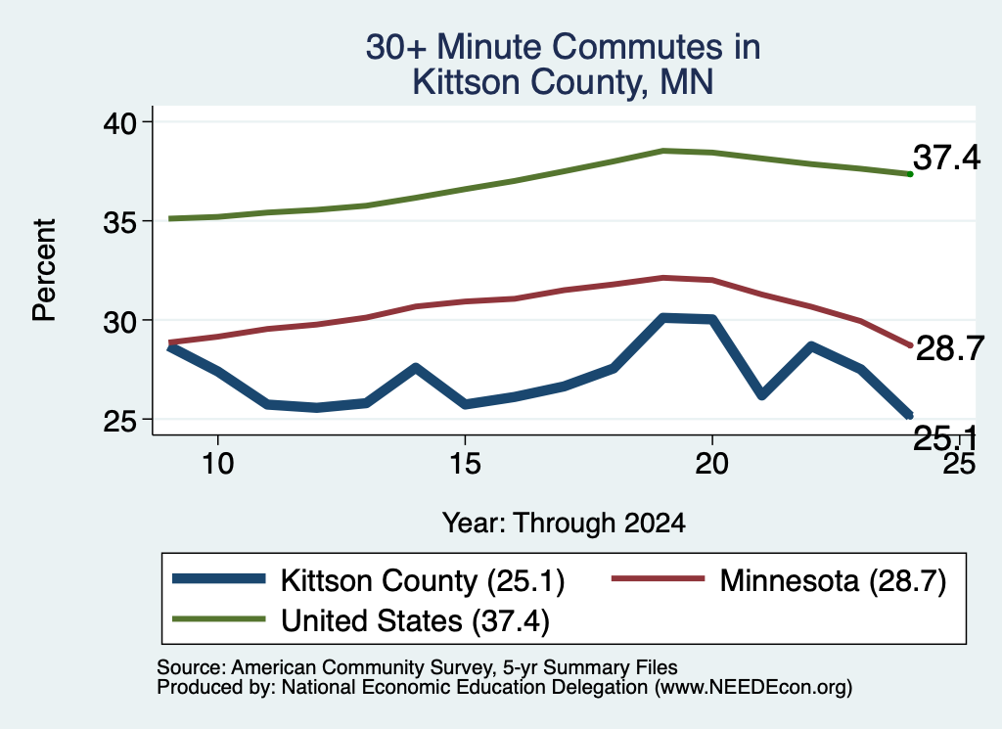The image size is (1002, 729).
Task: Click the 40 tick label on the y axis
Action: click(119, 122)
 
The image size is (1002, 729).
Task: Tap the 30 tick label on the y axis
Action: click(119, 321)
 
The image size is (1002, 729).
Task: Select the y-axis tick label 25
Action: click(119, 421)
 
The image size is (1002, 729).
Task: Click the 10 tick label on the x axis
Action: click(218, 463)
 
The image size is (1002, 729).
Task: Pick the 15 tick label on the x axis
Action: click(465, 463)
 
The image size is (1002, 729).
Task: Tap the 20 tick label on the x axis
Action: click(712, 463)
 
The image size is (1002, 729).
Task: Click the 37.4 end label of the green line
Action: click(946, 158)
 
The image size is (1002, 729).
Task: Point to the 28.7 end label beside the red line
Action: click(950, 349)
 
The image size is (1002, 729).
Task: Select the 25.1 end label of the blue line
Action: click(945, 438)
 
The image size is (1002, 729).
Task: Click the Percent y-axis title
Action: click(44, 270)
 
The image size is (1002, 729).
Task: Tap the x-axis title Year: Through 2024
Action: click(564, 523)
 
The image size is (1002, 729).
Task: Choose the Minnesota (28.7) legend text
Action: click(833, 581)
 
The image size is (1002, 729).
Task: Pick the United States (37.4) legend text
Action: click(415, 621)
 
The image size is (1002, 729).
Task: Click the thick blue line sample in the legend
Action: click(219, 579)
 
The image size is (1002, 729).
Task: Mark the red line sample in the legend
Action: click(659, 579)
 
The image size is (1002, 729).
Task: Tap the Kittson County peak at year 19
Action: click(665, 318)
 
